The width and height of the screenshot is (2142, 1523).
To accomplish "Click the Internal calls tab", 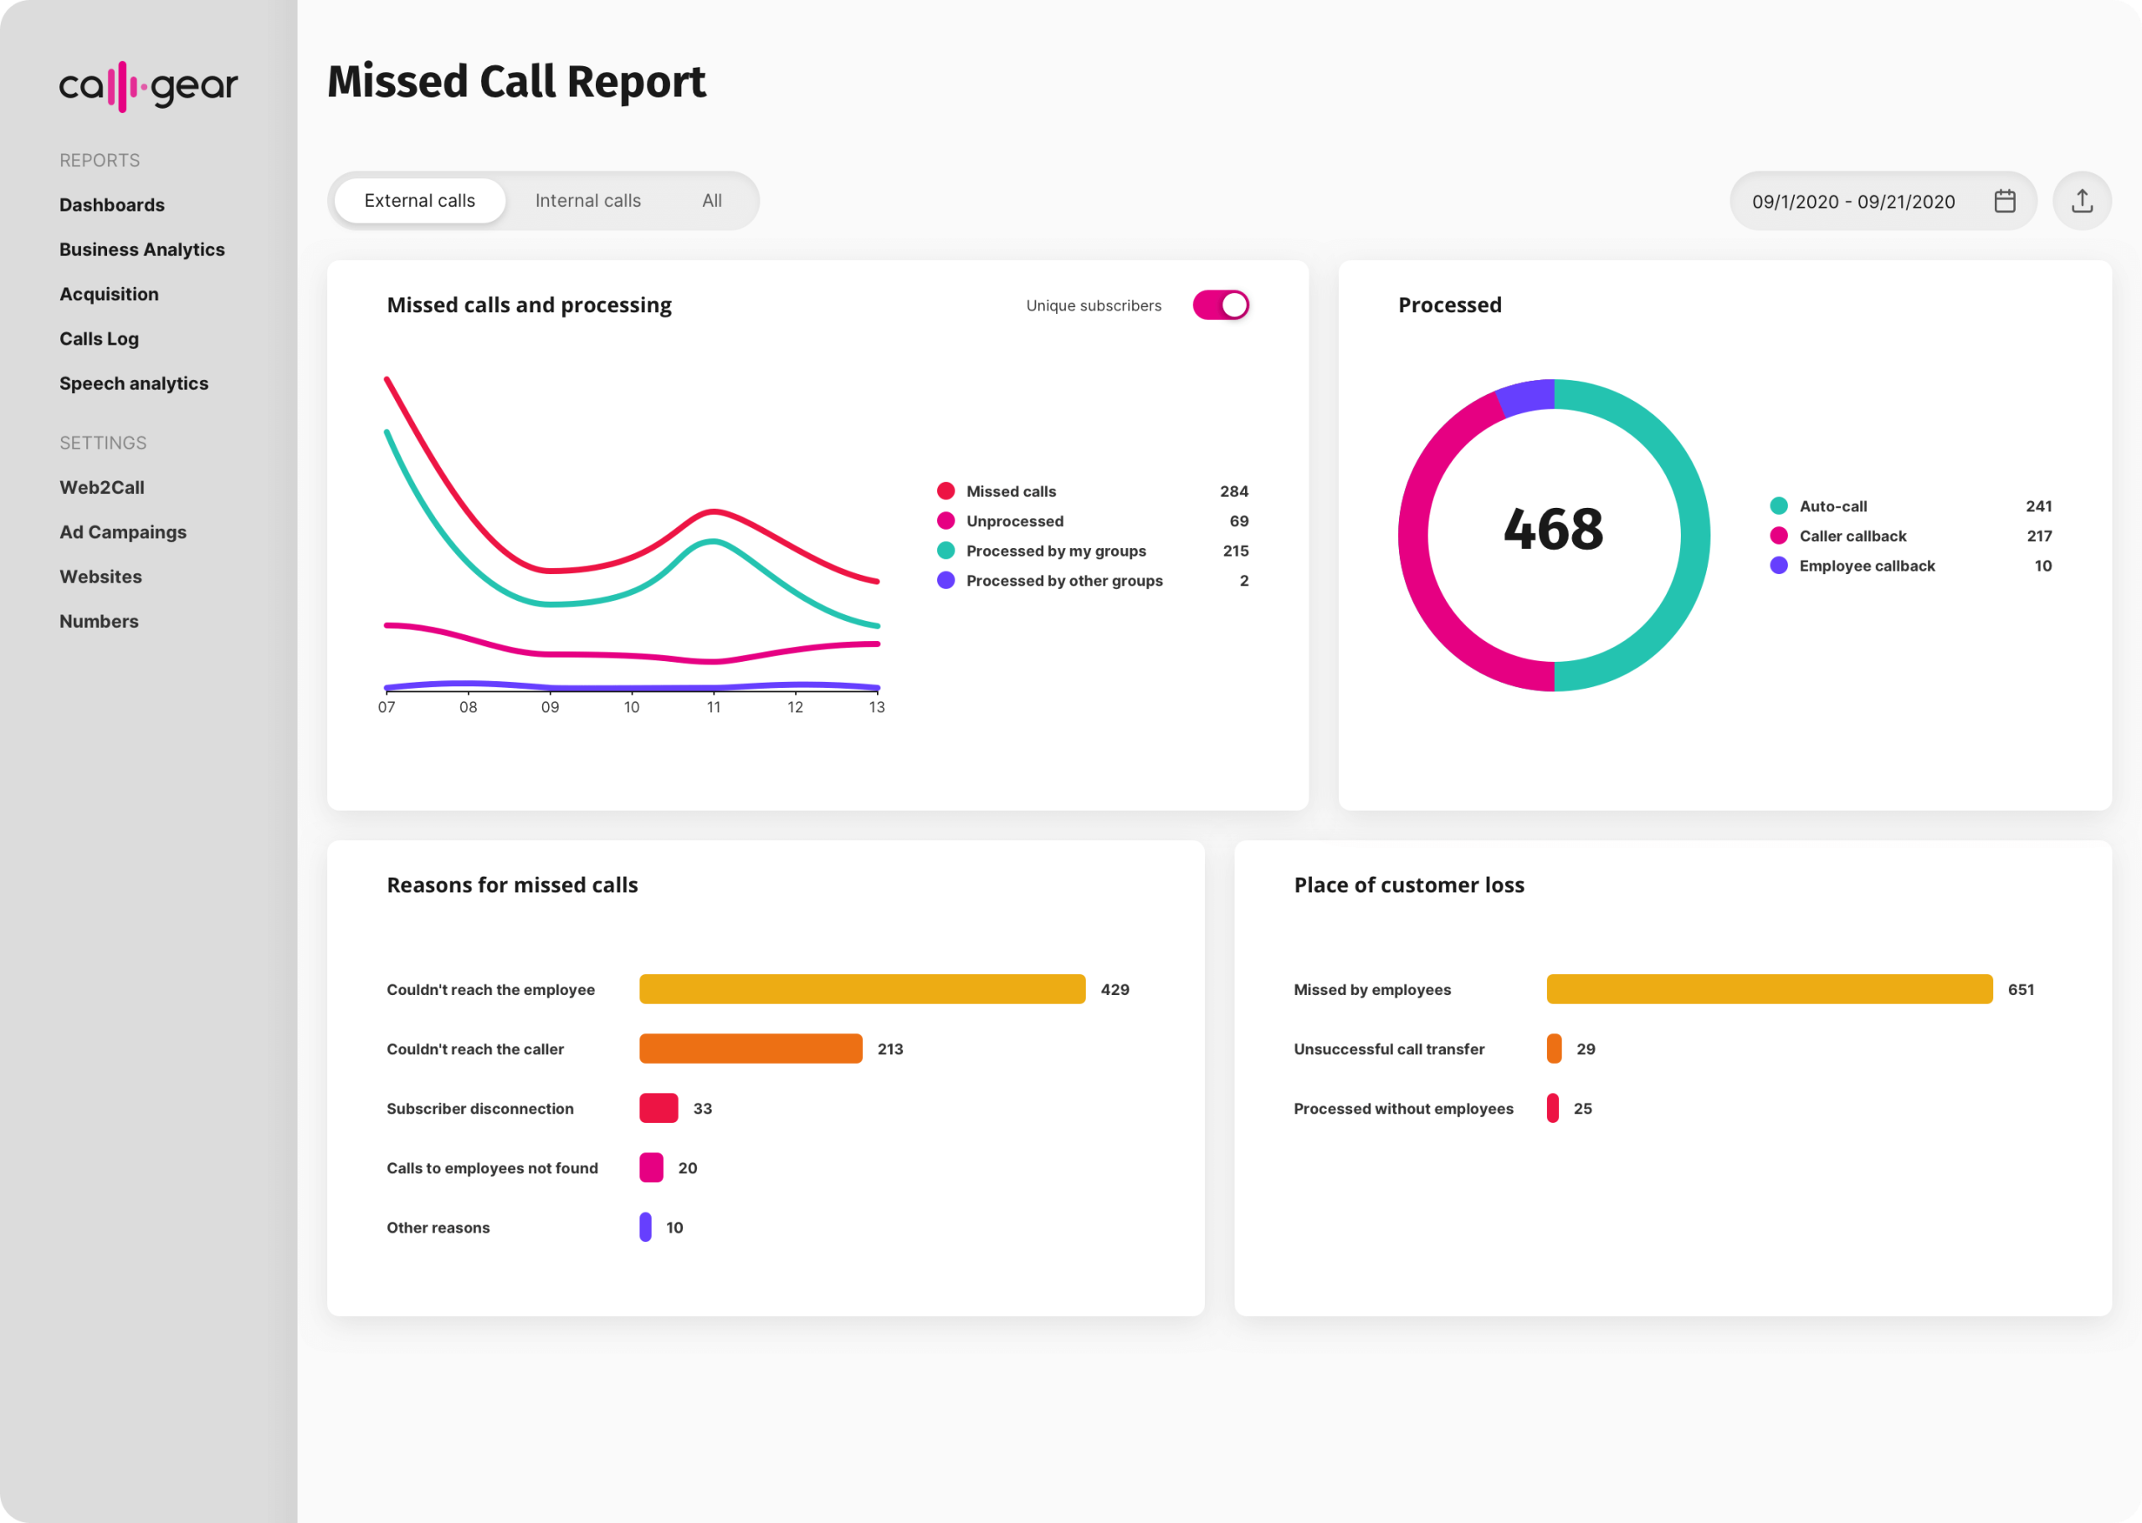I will pyautogui.click(x=587, y=201).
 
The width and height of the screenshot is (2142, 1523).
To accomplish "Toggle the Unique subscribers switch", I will pyautogui.click(x=1220, y=305).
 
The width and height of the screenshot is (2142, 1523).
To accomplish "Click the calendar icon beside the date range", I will pyautogui.click(x=2004, y=201).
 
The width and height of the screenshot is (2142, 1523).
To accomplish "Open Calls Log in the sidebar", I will pyautogui.click(x=100, y=339).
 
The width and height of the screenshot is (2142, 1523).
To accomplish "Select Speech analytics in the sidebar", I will pyautogui.click(x=134, y=383).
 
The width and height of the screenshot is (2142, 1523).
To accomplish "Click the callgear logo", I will pyautogui.click(x=148, y=86).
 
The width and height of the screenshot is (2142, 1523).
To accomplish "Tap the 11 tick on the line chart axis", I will pyautogui.click(x=714, y=707).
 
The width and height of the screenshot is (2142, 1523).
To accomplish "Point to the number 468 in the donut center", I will pyautogui.click(x=1553, y=529).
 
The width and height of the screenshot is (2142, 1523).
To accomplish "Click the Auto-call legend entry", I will pyautogui.click(x=1832, y=506).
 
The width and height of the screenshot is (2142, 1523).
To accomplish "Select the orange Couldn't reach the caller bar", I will pyautogui.click(x=750, y=1049).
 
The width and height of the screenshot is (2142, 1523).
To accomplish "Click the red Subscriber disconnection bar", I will pyautogui.click(x=658, y=1108).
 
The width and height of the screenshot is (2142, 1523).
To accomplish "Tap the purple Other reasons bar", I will pyautogui.click(x=645, y=1227).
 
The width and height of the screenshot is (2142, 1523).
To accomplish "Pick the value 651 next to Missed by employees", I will pyautogui.click(x=2020, y=989).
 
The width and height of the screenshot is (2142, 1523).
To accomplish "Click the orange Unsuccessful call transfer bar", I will pyautogui.click(x=1553, y=1049).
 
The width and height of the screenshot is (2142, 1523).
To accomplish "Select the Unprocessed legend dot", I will pyautogui.click(x=945, y=520).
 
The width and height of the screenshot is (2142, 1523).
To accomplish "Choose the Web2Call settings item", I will pyautogui.click(x=102, y=488).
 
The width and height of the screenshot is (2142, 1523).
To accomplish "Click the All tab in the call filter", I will pyautogui.click(x=711, y=201).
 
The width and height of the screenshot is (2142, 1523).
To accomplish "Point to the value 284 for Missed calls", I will pyautogui.click(x=1233, y=491).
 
